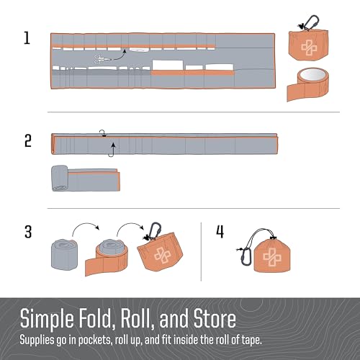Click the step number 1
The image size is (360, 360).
tap(27, 38)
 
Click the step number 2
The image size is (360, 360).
tap(28, 140)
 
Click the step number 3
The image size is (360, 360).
tap(28, 232)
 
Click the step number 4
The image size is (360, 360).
tap(220, 232)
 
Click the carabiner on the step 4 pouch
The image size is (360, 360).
tap(246, 257)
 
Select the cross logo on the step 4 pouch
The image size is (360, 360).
tap(272, 257)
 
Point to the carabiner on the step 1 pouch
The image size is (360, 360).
tap(311, 22)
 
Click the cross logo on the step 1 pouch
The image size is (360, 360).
tap(309, 48)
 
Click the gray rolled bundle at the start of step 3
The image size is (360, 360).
tap(64, 255)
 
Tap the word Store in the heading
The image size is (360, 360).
tap(215, 318)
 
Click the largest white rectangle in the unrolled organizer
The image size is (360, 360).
tap(168, 66)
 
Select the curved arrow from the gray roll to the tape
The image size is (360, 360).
tap(86, 227)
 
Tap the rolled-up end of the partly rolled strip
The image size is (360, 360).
tap(60, 178)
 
